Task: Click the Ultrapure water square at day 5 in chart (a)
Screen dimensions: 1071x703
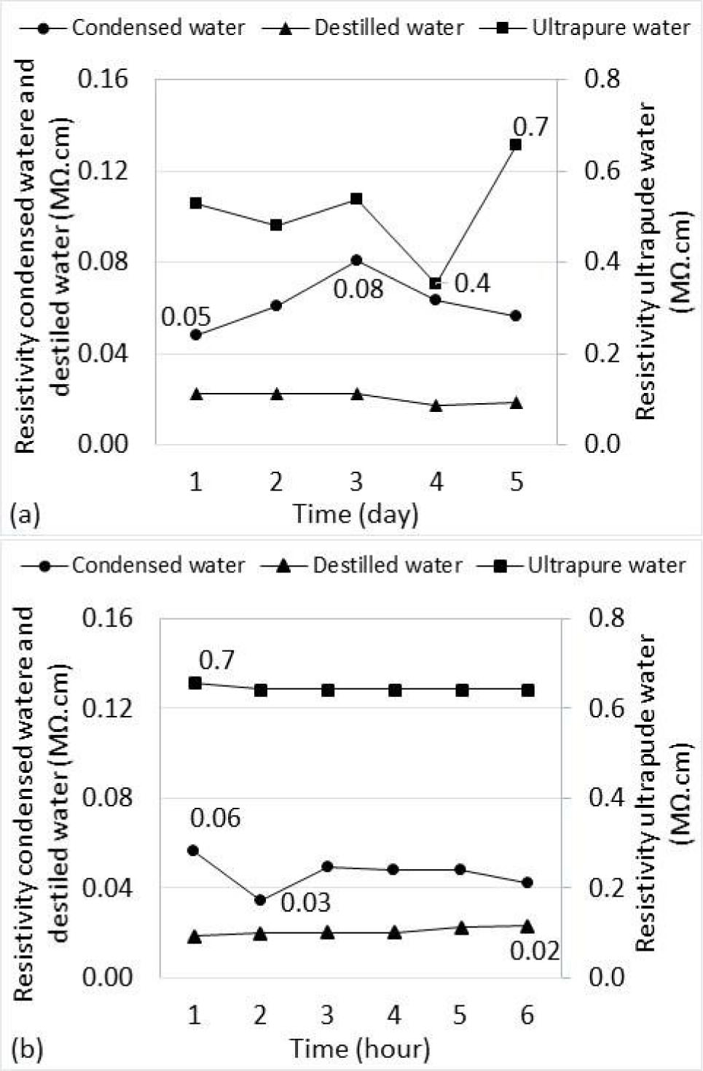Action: coord(516,144)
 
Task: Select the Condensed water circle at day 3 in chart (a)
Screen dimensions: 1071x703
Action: coord(356,260)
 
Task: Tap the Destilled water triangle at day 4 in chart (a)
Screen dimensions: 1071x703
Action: coord(436,405)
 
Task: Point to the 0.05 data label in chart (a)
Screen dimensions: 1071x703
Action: coord(186,317)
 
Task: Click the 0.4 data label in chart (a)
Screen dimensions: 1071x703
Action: coord(472,283)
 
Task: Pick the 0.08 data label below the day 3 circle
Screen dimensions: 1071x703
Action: coord(358,289)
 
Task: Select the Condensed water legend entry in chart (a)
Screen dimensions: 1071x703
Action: coord(133,28)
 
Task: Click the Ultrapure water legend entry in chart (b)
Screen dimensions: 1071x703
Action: coord(583,565)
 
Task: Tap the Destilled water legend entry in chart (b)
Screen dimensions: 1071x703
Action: coord(362,565)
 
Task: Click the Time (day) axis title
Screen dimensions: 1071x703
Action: coord(356,514)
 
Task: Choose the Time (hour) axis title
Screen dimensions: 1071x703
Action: coord(360,1048)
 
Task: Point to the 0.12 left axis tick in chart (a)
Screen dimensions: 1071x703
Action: coord(103,171)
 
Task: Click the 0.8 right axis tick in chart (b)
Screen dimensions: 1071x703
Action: coord(606,618)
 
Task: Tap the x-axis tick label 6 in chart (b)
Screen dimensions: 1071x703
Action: coord(527,1015)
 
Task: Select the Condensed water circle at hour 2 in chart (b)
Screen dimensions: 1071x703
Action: coord(260,900)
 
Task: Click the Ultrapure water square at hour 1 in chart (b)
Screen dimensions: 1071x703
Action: coord(195,683)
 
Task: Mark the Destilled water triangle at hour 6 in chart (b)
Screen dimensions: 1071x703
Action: coord(527,926)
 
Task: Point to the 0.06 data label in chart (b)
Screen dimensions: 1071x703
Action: coord(215,818)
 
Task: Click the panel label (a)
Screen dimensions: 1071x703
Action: coord(25,515)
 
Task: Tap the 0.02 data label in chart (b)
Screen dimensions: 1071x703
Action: coord(535,951)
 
